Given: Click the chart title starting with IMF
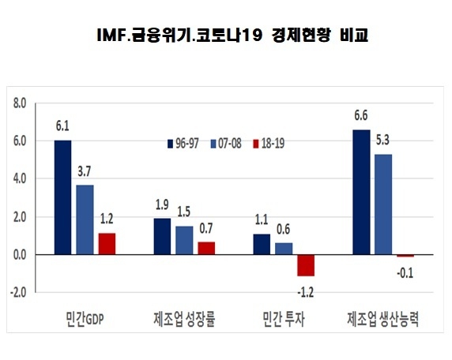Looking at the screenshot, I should [x=226, y=35].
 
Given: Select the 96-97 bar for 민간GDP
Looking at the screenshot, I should [x=62, y=197].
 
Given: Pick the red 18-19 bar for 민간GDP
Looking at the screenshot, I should [x=107, y=244].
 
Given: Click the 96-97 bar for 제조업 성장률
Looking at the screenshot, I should [x=161, y=236].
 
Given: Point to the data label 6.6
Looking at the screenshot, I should [x=360, y=117].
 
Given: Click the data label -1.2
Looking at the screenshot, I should [x=305, y=289].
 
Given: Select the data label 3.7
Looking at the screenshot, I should [x=85, y=172].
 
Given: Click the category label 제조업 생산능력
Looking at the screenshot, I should [x=382, y=321].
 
